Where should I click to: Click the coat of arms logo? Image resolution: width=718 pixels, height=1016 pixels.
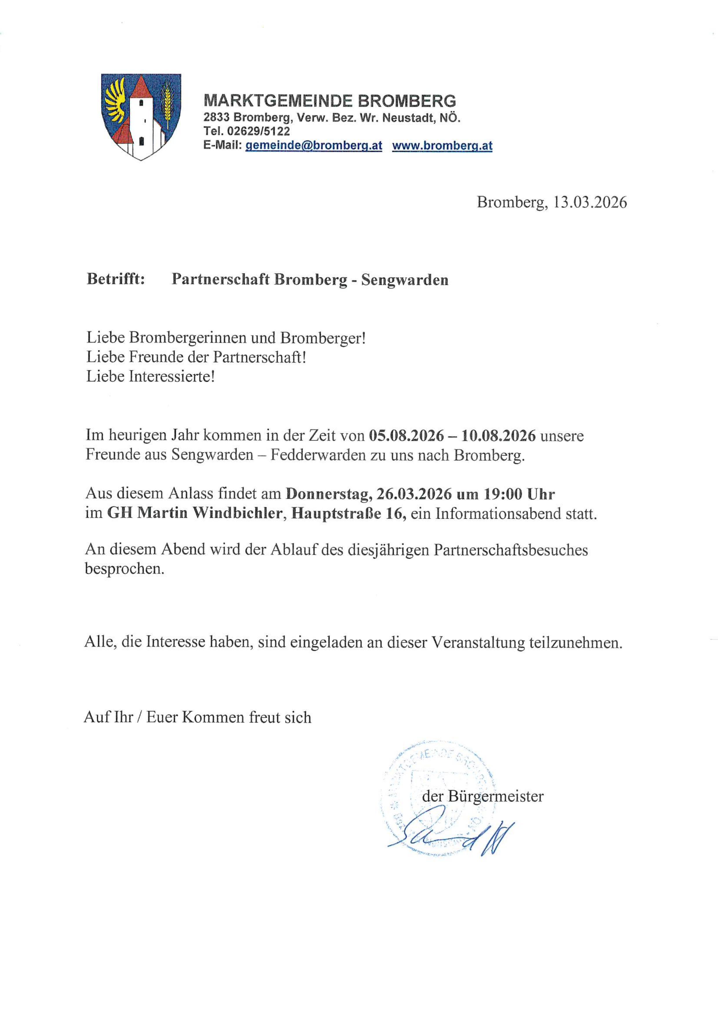point(141,116)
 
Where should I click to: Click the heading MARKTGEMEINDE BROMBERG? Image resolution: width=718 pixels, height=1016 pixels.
point(329,101)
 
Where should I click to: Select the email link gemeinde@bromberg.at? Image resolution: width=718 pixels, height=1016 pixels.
point(314,146)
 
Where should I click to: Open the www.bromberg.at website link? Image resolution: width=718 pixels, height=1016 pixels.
point(442,146)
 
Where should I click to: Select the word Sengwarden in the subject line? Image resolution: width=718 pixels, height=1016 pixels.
point(404,280)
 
